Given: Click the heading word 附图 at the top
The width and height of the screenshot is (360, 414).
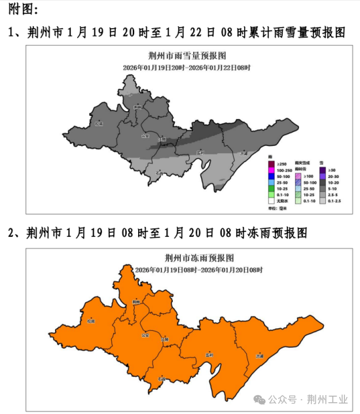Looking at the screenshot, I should click(21, 9).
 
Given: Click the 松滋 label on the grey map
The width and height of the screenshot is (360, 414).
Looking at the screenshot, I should click(99, 122).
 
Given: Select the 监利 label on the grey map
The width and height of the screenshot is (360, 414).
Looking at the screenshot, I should click(200, 152).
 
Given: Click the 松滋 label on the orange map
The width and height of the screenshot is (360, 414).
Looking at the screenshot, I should click(90, 321).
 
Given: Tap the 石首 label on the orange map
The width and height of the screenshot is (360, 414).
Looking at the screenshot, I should click(162, 377).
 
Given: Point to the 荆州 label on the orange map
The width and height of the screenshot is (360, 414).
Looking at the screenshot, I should click(135, 302).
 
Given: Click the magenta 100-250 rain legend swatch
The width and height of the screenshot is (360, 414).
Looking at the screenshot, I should click(272, 170).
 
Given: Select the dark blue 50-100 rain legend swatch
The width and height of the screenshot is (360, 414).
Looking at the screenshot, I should click(272, 177).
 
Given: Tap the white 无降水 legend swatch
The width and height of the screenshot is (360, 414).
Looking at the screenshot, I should click(272, 201).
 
